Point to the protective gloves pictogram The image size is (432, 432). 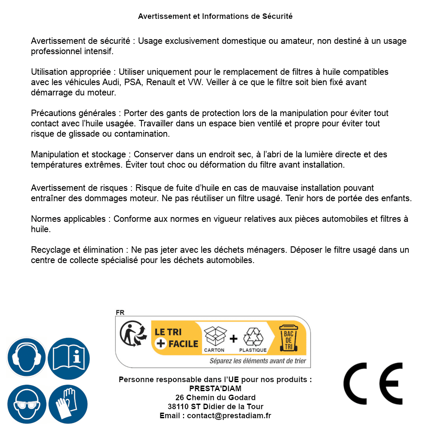click(68, 404)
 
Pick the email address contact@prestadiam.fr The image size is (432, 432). click(229, 416)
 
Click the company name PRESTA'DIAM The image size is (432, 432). click(215, 389)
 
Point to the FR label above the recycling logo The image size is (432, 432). click(120, 313)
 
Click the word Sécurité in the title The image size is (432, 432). click(277, 16)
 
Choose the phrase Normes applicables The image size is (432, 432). click(68, 219)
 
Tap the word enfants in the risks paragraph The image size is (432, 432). click(398, 198)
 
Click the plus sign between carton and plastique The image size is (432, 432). click(233, 339)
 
